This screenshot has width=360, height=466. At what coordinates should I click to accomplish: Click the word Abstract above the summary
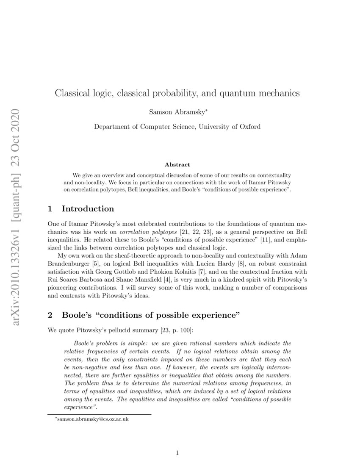(x=177, y=164)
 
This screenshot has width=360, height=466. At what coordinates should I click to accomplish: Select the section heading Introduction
(x=88, y=209)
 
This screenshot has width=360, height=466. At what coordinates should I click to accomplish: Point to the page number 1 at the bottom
(x=177, y=453)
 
